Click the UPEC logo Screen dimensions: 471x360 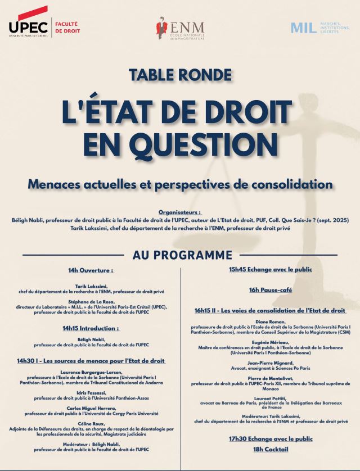pos(28,25)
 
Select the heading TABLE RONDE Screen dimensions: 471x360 pos(180,74)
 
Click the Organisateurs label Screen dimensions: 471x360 pos(180,213)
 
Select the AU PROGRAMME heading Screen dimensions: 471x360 pos(182,255)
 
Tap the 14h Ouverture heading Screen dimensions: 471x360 pos(91,270)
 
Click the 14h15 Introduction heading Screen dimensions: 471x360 pos(91,328)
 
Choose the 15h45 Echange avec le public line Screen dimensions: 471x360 pos(271,269)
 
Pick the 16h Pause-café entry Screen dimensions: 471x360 pos(270,290)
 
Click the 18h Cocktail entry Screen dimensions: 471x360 pos(270,449)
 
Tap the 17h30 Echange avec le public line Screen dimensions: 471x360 pos(271,438)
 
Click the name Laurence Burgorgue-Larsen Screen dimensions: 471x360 pos(91,372)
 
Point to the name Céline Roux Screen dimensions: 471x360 pos(91,422)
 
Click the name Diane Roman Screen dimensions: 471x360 pos(271,321)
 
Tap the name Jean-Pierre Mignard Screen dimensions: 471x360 pos(271,363)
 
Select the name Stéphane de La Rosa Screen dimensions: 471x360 pos(91,301)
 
